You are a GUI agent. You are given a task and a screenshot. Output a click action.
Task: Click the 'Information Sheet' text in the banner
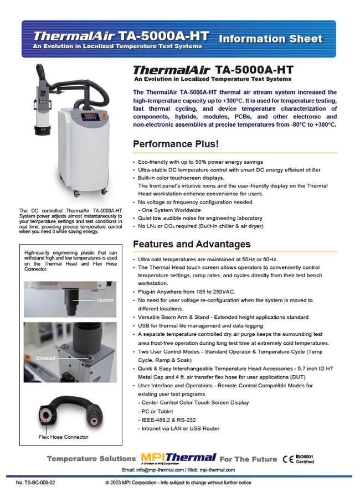pyautogui.click(x=270, y=39)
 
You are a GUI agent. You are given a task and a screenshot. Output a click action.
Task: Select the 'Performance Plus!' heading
pyautogui.click(x=176, y=144)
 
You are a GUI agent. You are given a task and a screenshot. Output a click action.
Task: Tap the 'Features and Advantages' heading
pyautogui.click(x=192, y=244)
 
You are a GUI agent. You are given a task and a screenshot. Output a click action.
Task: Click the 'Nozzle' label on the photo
pyautogui.click(x=105, y=300)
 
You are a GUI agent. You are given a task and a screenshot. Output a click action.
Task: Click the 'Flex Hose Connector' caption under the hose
pyautogui.click(x=63, y=437)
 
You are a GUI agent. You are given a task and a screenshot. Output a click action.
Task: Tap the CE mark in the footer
pyautogui.click(x=288, y=459)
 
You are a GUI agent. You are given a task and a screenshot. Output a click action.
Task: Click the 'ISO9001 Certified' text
pyautogui.click(x=305, y=459)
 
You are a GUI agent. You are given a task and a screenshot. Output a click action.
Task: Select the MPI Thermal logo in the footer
pyautogui.click(x=178, y=458)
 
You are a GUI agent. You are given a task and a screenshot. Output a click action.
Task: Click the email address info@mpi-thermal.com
pyautogui.click(x=161, y=470)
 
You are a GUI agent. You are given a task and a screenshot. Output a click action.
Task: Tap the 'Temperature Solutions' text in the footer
pyautogui.click(x=91, y=459)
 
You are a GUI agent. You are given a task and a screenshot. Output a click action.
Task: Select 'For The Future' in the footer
pyautogui.click(x=248, y=459)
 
